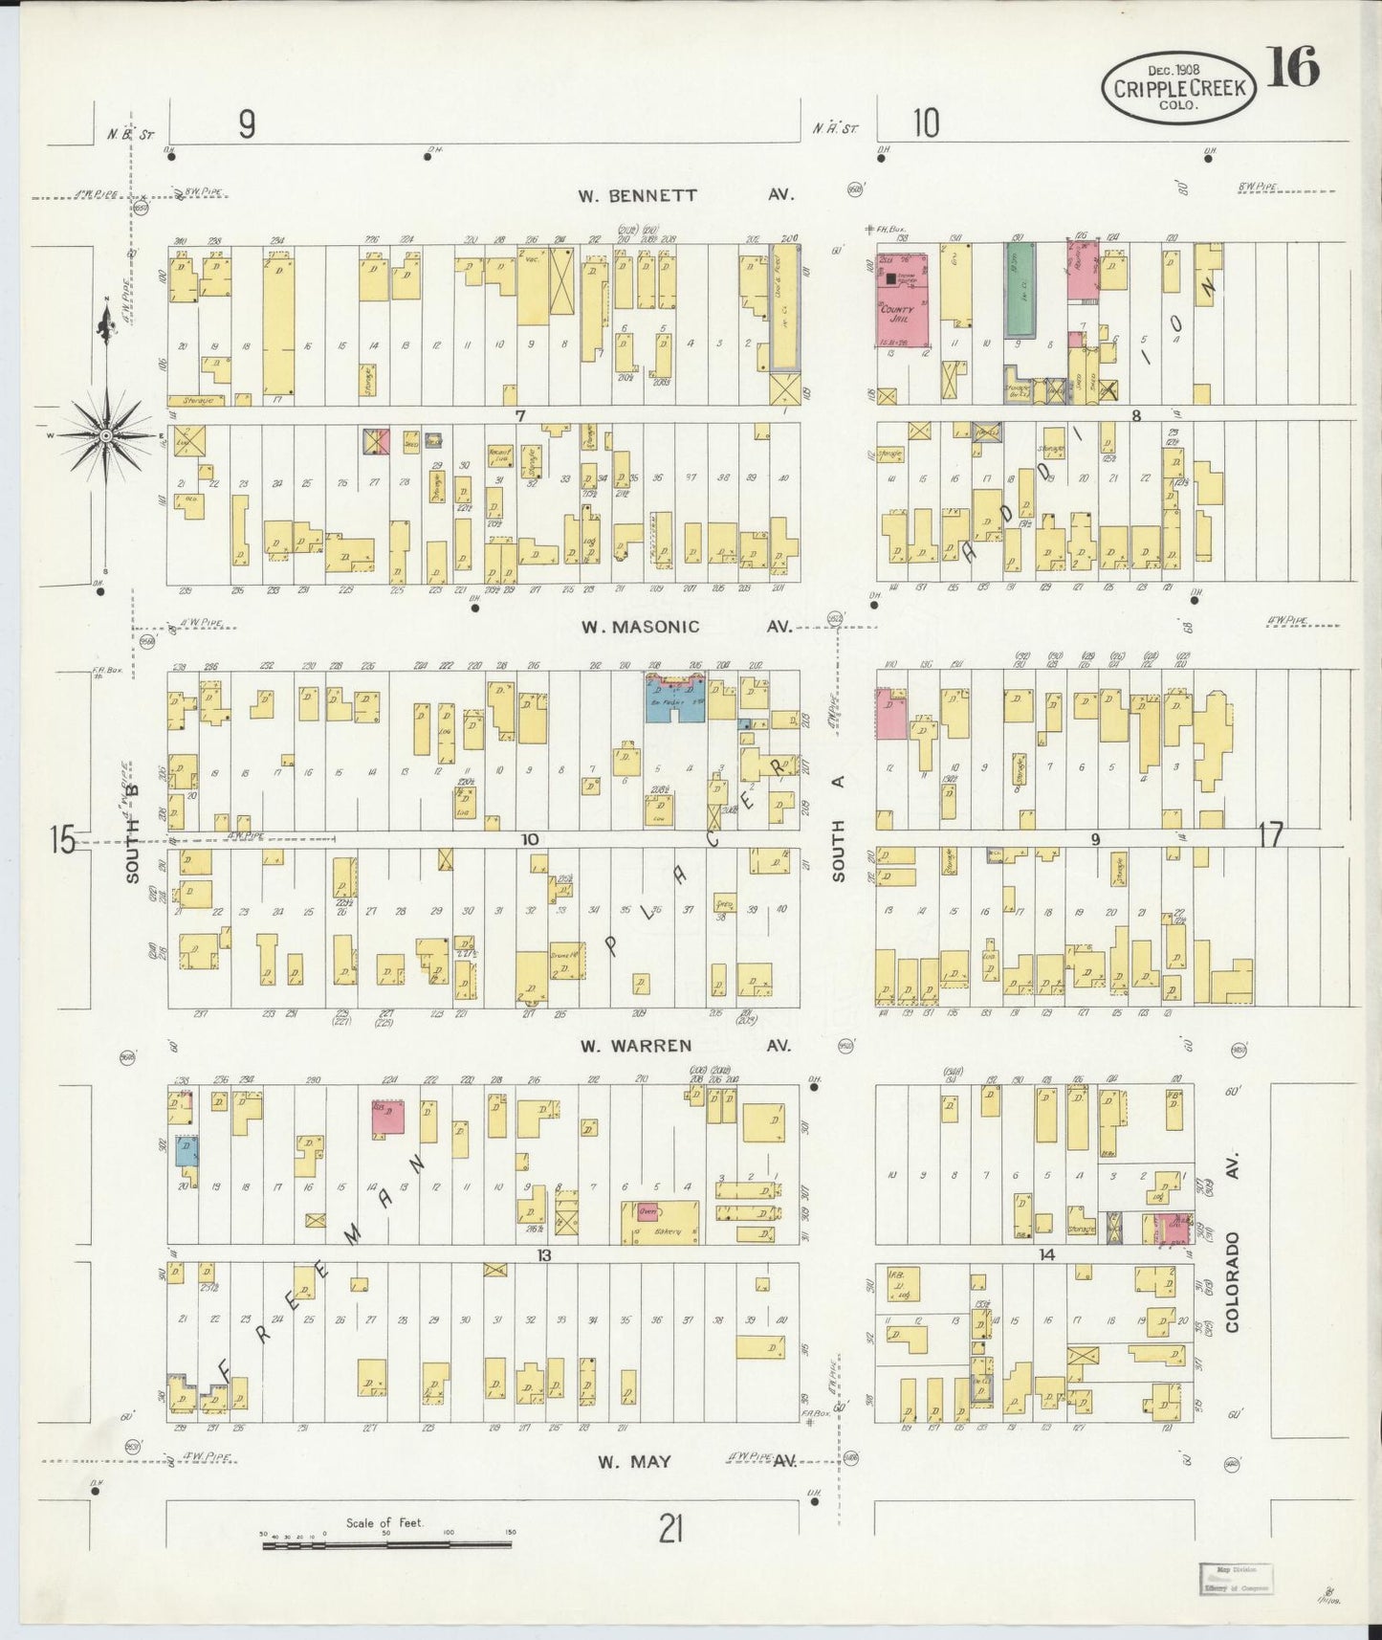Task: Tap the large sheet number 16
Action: [1292, 67]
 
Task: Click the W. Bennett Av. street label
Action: [684, 195]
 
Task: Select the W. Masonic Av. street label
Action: [684, 627]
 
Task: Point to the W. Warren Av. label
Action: [684, 1045]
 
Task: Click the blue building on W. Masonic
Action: [675, 698]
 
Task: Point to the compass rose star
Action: [107, 435]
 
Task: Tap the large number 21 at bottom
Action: [670, 1528]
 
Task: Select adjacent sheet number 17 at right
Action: [1271, 835]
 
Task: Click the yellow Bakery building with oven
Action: [660, 1222]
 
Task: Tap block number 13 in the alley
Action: [543, 1254]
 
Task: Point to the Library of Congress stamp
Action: [1235, 1579]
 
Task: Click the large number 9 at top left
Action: [247, 124]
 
